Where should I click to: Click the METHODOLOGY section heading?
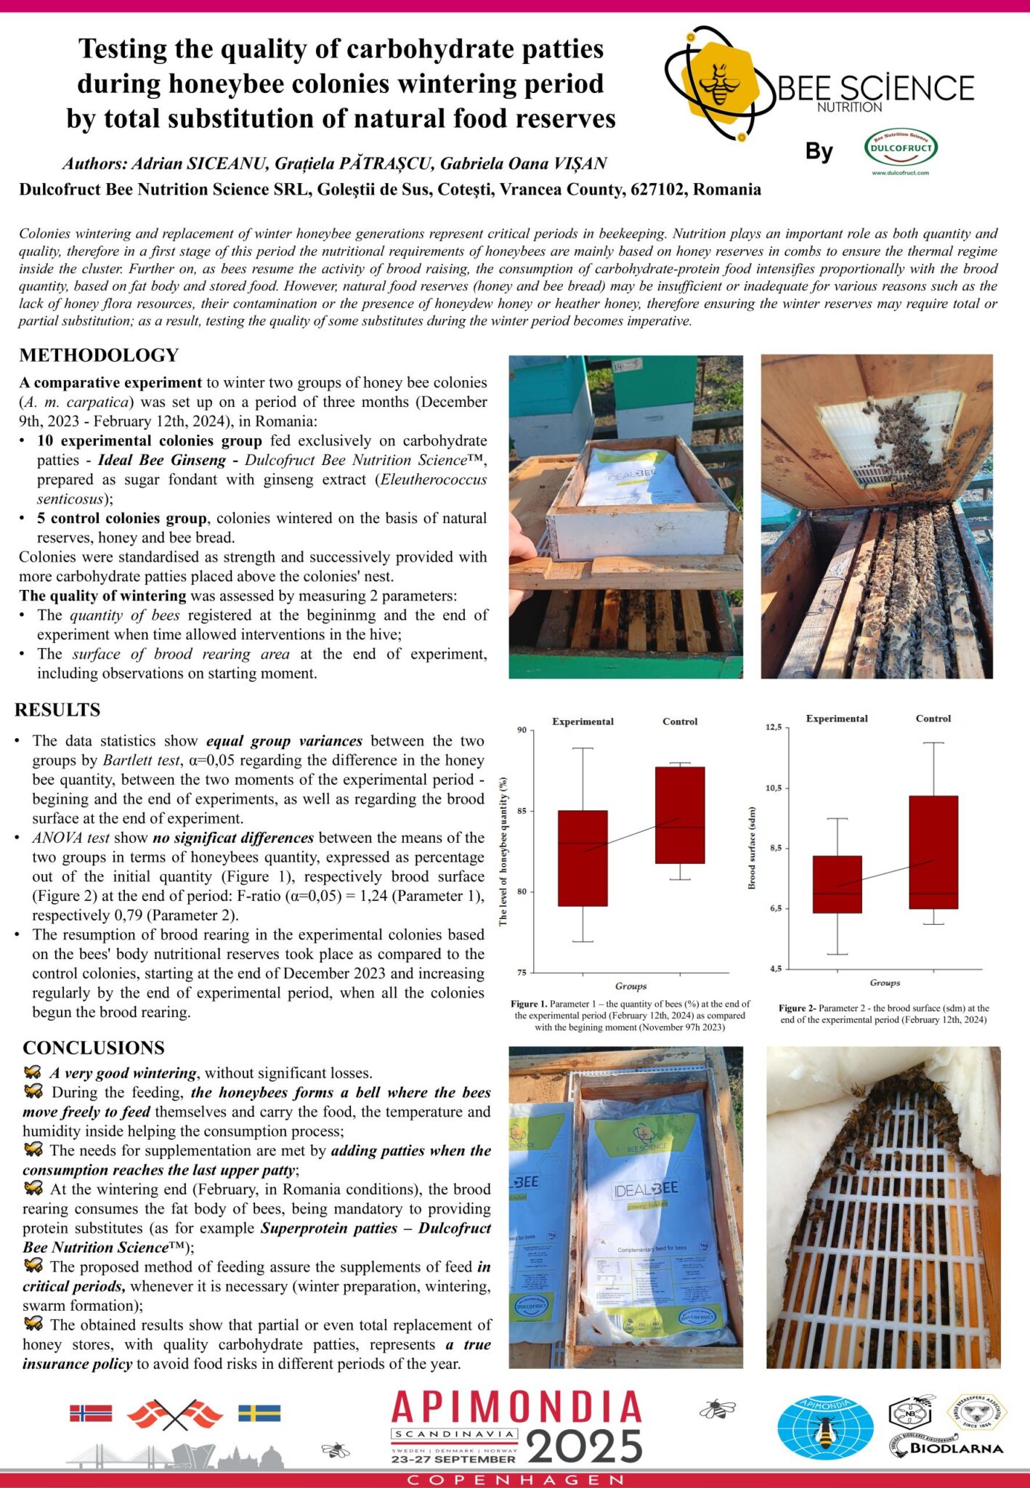(x=99, y=355)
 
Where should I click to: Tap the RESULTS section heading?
(x=57, y=710)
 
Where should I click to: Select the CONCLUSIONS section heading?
(x=94, y=1048)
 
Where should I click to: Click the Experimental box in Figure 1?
(x=583, y=858)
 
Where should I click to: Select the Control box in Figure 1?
(x=680, y=815)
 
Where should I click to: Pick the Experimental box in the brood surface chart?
(x=838, y=884)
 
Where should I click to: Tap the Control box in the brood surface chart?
(x=933, y=852)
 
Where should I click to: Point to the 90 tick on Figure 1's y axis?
(x=522, y=730)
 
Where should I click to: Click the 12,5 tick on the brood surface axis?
(x=773, y=727)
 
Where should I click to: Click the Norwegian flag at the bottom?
(x=91, y=1413)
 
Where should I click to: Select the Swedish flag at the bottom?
(x=259, y=1413)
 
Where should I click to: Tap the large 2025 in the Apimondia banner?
(x=585, y=1447)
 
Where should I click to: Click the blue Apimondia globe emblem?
(x=825, y=1428)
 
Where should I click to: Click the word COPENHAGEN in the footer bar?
(x=515, y=1480)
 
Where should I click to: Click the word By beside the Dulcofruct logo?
(x=819, y=151)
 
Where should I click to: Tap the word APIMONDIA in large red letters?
(x=516, y=1408)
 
